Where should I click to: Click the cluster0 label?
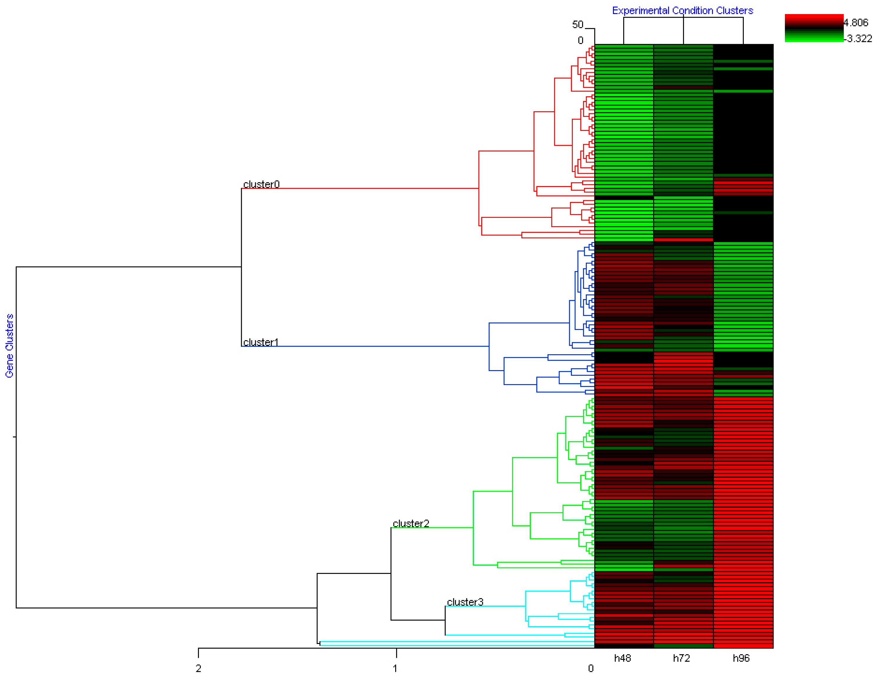pyautogui.click(x=261, y=184)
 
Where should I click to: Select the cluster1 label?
pyautogui.click(x=261, y=342)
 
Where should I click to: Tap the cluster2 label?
pyautogui.click(x=411, y=524)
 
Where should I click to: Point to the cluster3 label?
pyautogui.click(x=465, y=602)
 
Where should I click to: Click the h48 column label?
pyautogui.click(x=622, y=658)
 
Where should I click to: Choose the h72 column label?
pyautogui.click(x=681, y=658)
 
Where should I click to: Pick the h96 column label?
pyautogui.click(x=741, y=658)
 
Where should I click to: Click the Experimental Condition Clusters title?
pyautogui.click(x=682, y=11)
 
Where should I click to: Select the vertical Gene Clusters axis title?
pyautogui.click(x=9, y=345)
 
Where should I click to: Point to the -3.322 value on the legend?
pyautogui.click(x=858, y=38)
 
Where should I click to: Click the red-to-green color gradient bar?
pyautogui.click(x=814, y=28)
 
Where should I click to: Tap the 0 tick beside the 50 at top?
pyautogui.click(x=581, y=40)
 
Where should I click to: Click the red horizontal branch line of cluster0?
pyautogui.click(x=361, y=188)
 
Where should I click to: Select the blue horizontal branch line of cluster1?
pyautogui.click(x=361, y=346)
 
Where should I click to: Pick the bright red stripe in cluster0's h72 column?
pyautogui.click(x=683, y=240)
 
